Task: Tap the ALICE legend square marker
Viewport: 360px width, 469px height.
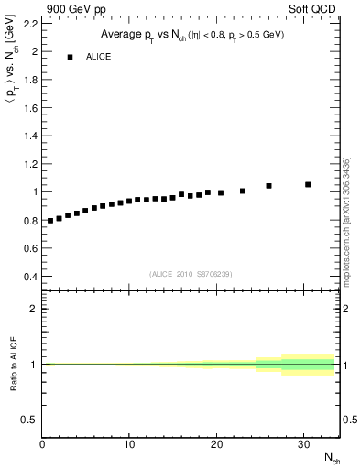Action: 70,57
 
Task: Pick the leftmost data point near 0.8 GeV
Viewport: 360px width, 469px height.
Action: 50,221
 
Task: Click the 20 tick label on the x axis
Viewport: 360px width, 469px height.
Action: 217,445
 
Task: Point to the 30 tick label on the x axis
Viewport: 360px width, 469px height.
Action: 304,445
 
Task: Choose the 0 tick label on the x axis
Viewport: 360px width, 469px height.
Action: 42,445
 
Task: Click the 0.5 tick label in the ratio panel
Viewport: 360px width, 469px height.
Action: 28,420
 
